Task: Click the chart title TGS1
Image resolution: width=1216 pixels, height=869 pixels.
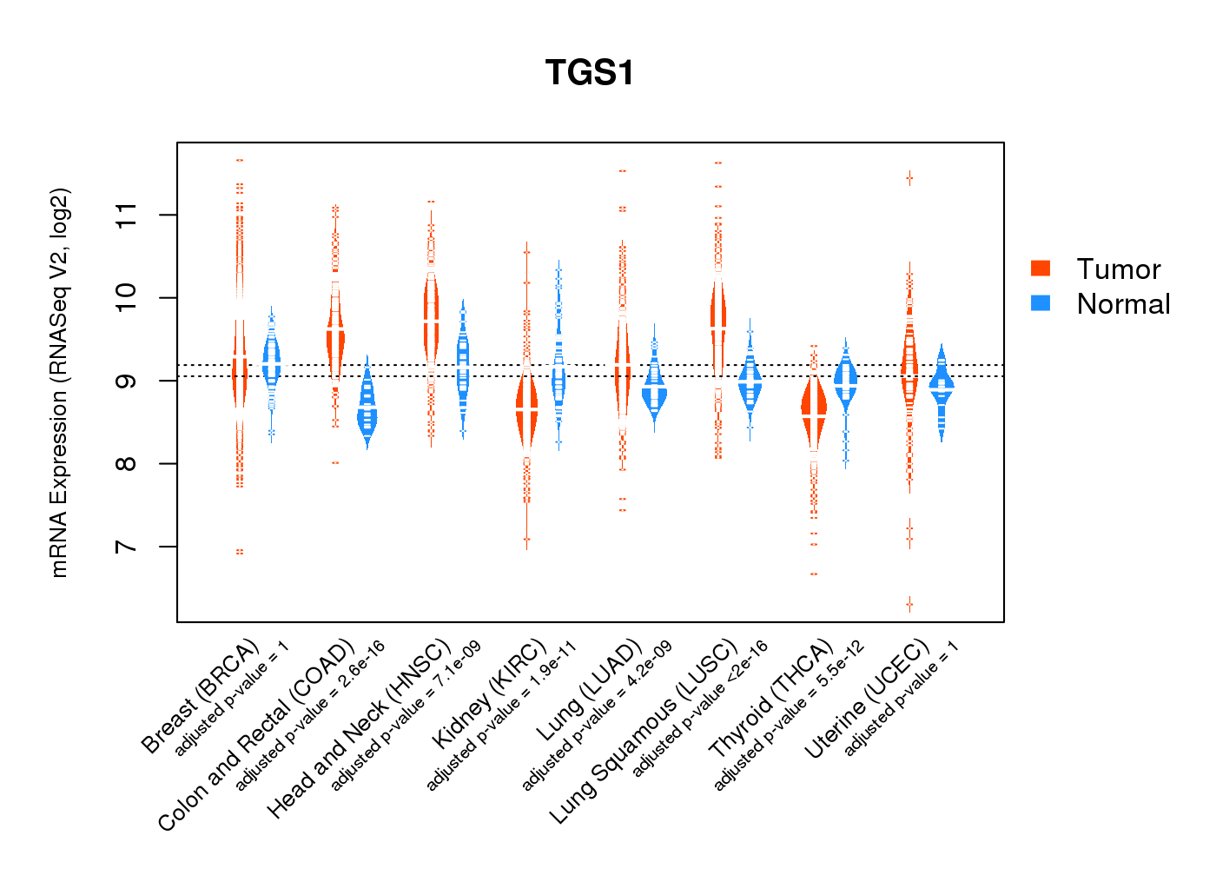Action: click(590, 72)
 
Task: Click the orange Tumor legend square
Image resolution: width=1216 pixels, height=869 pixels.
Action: click(1040, 269)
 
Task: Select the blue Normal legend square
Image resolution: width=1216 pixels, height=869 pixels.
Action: click(1040, 303)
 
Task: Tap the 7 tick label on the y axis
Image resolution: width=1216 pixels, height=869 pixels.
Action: click(127, 547)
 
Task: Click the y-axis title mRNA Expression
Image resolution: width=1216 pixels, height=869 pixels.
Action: click(59, 382)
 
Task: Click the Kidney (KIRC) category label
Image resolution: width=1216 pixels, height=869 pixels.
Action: click(490, 693)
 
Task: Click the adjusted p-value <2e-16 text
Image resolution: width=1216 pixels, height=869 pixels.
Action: click(700, 709)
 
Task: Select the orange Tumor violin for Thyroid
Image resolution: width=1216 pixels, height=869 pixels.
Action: click(814, 408)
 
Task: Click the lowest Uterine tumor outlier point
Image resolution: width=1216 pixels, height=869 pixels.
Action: click(909, 603)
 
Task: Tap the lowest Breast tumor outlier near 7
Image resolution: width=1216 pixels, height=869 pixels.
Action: click(240, 552)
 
